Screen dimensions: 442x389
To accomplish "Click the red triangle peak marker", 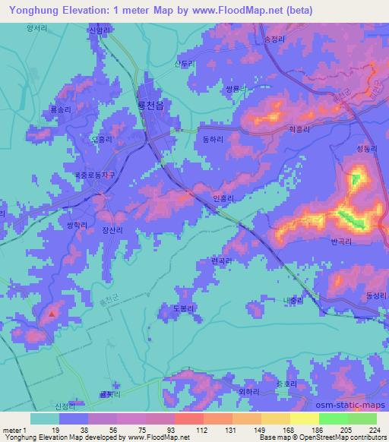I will pos(52,312).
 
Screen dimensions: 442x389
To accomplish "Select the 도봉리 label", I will pos(174,308).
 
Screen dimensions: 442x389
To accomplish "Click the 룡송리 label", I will pos(60,109).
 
